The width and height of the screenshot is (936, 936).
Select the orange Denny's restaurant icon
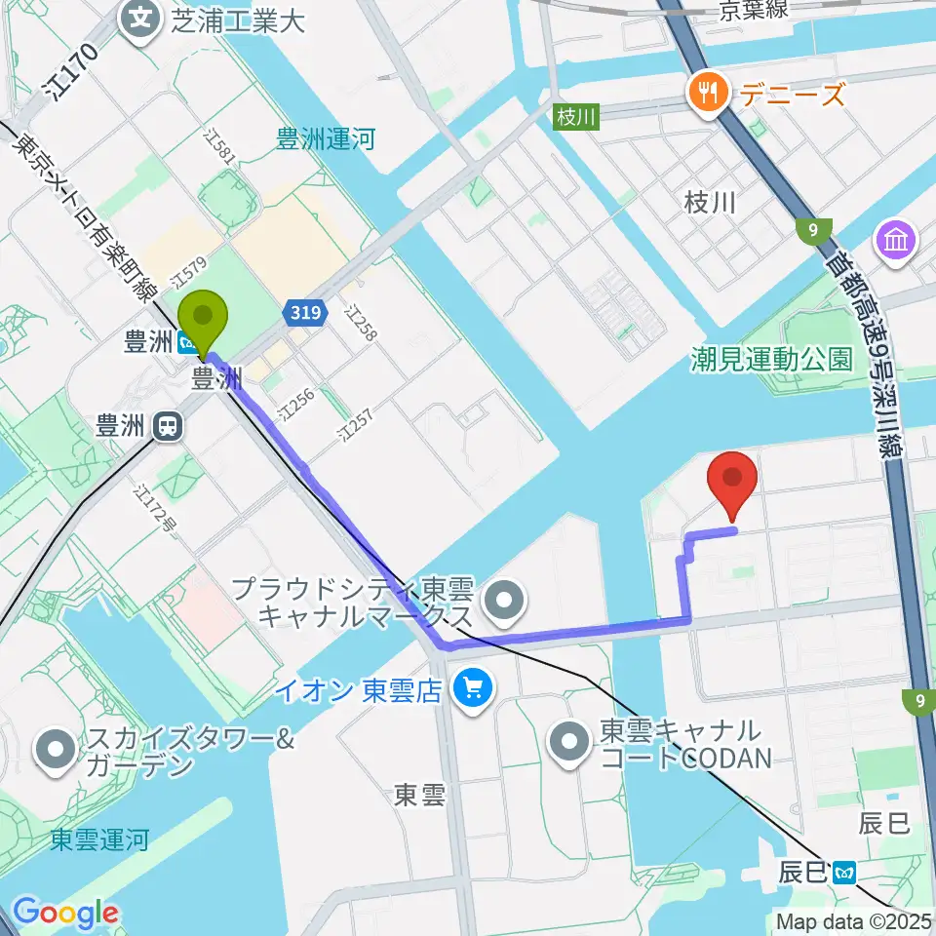[x=703, y=93]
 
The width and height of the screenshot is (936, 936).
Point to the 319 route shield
[x=301, y=312]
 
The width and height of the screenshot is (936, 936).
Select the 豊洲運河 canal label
[x=326, y=140]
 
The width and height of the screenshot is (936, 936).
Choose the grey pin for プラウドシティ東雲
[x=503, y=604]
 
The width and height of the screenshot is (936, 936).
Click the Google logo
[x=64, y=913]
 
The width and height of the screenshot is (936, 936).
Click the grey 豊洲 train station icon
[x=169, y=425]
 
